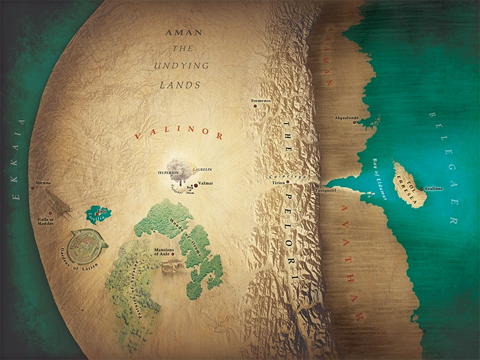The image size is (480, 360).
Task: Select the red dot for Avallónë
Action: coord(422,189)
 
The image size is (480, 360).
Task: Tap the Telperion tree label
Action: coord(166,173)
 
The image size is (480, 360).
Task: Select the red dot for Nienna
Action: coord(33,188)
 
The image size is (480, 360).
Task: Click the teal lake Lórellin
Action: coord(96,213)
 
